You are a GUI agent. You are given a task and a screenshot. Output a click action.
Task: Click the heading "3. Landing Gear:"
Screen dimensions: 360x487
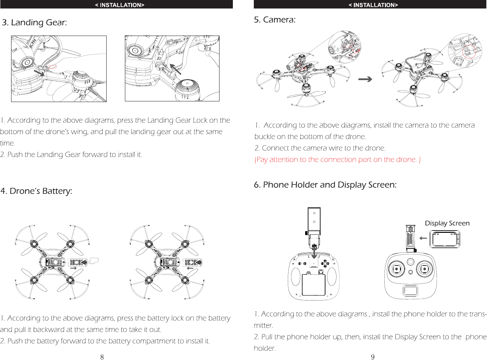pyautogui.click(x=34, y=23)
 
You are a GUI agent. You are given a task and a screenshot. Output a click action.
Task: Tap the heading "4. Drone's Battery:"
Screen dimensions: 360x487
pyautogui.click(x=36, y=191)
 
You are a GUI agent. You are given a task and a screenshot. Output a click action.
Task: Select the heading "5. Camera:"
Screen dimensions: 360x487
pyautogui.click(x=275, y=20)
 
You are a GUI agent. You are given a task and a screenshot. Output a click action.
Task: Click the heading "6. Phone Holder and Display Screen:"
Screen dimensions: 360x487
pyautogui.click(x=325, y=185)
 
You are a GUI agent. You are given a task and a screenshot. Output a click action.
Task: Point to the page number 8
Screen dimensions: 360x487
pyautogui.click(x=102, y=357)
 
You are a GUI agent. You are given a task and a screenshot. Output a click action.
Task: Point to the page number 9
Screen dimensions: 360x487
pyautogui.click(x=373, y=357)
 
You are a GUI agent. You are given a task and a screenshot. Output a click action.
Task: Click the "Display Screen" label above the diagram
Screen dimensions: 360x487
pyautogui.click(x=447, y=223)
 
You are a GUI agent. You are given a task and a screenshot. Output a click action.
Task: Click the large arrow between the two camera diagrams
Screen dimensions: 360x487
pyautogui.click(x=365, y=79)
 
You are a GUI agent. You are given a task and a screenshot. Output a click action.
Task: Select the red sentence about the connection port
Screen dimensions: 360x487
pyautogui.click(x=338, y=160)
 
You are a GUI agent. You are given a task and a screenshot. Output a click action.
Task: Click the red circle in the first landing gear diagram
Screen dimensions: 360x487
pyautogui.click(x=52, y=67)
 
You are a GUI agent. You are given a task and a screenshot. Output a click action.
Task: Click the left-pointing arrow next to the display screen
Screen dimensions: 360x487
pyautogui.click(x=423, y=238)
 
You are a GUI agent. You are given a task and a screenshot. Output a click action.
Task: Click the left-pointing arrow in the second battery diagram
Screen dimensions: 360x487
pyautogui.click(x=190, y=268)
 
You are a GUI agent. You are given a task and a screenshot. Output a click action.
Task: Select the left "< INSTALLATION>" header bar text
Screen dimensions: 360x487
pyautogui.click(x=119, y=5)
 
